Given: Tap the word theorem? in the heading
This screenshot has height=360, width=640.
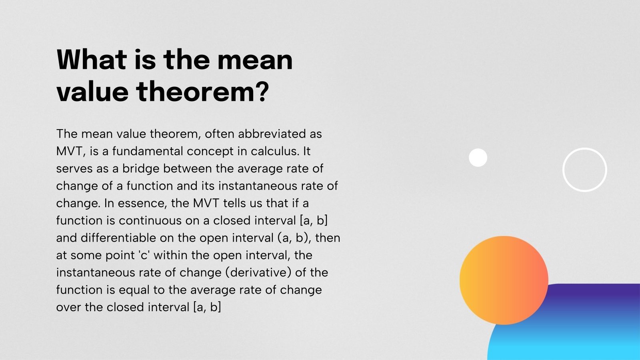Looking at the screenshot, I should click(x=202, y=92).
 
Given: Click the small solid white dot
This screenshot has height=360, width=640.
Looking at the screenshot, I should click(x=478, y=158).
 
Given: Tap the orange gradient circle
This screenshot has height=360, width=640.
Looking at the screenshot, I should click(x=504, y=280).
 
